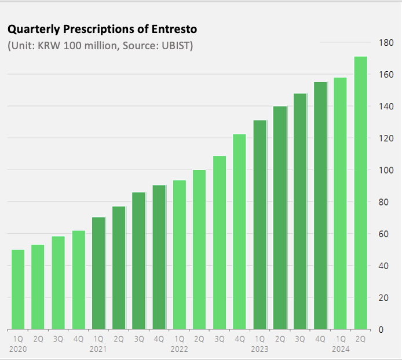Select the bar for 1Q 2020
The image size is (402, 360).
pos(18,289)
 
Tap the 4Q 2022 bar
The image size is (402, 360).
pos(239,232)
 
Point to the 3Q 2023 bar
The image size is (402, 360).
pos(300,211)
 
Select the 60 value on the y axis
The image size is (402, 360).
pos(383,234)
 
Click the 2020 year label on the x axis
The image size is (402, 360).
pos(18,349)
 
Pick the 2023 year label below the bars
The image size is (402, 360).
pos(260,349)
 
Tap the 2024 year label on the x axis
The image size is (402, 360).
pos(340,349)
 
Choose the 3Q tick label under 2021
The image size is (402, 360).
pos(139,339)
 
